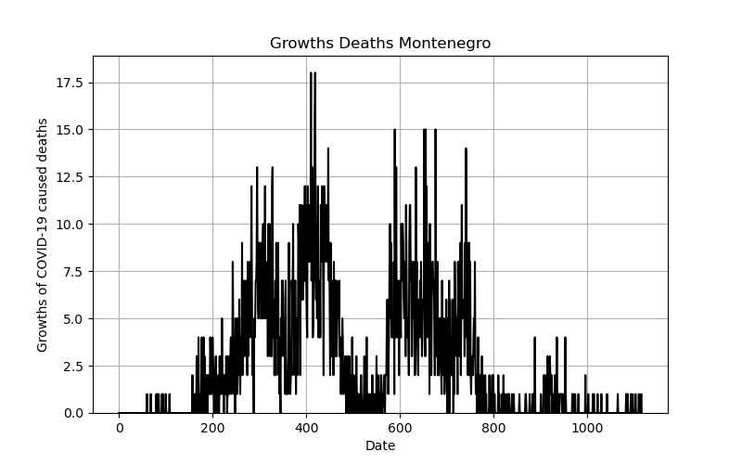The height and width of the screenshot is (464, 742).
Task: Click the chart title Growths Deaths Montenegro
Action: tap(380, 43)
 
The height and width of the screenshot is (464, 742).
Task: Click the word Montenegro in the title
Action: tap(444, 43)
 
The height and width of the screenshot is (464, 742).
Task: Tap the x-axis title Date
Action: tap(380, 445)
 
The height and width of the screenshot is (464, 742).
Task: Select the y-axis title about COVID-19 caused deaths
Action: tap(42, 236)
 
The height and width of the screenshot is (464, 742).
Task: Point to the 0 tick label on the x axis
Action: tap(120, 429)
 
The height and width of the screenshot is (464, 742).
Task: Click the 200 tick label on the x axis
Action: tap(212, 429)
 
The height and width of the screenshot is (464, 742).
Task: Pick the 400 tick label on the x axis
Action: tap(306, 429)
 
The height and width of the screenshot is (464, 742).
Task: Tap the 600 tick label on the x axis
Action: tap(400, 429)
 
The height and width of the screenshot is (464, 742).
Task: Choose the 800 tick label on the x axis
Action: tap(493, 429)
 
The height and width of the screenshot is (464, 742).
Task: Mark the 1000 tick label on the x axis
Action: tap(587, 429)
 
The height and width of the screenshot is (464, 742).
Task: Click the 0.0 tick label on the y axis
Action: tap(73, 413)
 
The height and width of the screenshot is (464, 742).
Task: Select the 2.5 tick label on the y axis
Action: tap(73, 366)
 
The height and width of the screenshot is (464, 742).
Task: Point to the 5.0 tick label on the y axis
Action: tap(73, 318)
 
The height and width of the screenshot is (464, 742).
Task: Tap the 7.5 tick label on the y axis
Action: tap(73, 271)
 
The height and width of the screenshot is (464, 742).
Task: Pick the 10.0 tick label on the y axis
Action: tap(70, 224)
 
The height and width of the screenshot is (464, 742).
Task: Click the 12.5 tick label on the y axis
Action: tap(70, 177)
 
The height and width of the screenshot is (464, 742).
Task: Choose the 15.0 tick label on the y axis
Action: tap(70, 130)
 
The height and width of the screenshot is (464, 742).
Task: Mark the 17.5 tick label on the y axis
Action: tap(70, 83)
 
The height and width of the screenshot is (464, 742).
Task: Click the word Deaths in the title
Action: tap(366, 43)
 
